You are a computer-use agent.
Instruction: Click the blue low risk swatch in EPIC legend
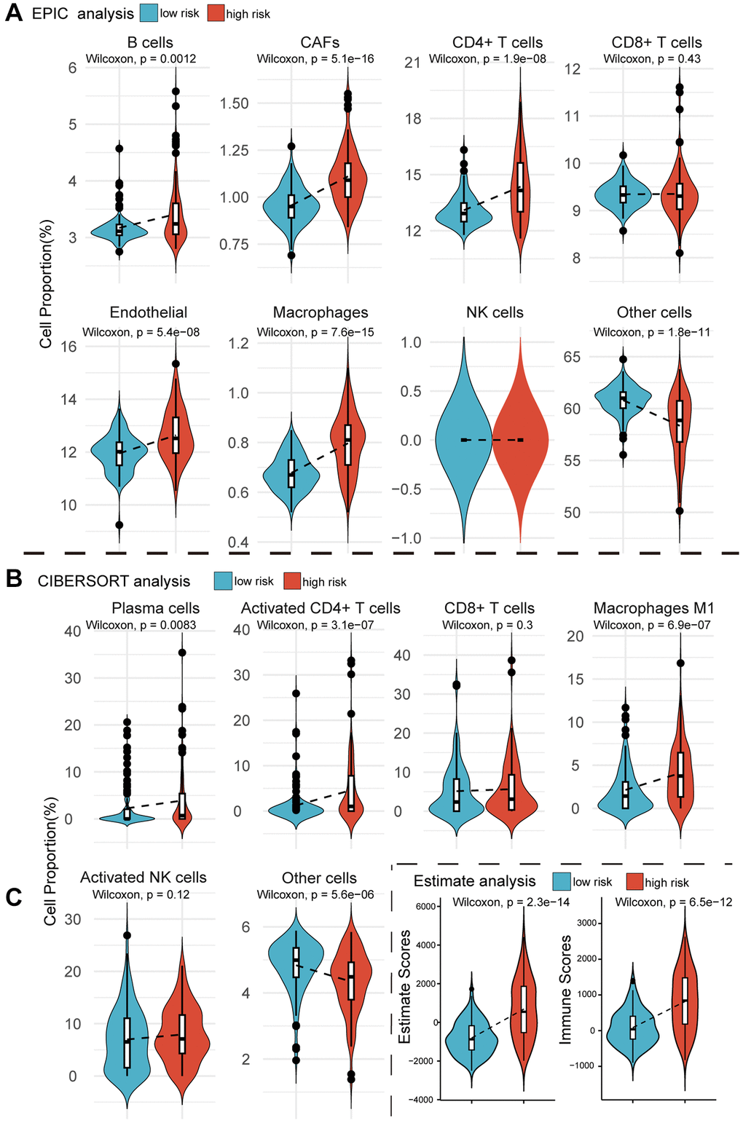[x=149, y=13]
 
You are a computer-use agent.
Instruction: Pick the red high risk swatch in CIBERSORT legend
[x=291, y=581]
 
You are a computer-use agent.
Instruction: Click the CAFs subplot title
[x=320, y=42]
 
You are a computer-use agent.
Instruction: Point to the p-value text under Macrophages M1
[x=652, y=625]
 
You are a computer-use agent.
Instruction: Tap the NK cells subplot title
[x=495, y=312]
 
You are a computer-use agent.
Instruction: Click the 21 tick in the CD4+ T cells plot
[x=413, y=62]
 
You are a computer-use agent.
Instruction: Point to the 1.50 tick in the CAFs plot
[x=235, y=103]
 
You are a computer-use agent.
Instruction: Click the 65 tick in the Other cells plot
[x=573, y=357]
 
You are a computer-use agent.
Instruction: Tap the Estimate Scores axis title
[x=406, y=986]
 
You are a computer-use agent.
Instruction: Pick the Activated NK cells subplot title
[x=144, y=878]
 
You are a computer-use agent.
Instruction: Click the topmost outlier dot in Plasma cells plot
[x=182, y=653]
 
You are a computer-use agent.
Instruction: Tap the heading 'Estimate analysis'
[x=474, y=881]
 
